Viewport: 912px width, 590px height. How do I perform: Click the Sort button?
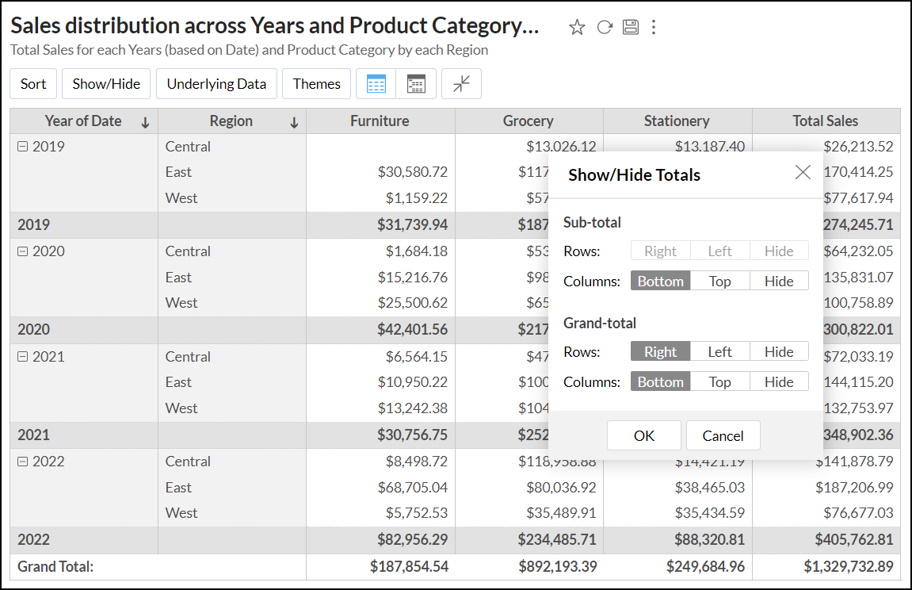(x=33, y=84)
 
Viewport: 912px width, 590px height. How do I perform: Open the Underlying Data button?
(x=216, y=84)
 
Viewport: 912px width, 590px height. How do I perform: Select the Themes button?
(x=316, y=84)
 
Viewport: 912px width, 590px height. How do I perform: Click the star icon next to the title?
(x=577, y=28)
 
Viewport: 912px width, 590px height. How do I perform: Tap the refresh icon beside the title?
(x=605, y=28)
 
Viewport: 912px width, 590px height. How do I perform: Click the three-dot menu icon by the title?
(x=654, y=28)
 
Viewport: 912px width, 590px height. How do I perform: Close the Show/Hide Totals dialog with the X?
(x=803, y=172)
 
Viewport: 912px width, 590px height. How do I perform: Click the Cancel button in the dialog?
(x=723, y=435)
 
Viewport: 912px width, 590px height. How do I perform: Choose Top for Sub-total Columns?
(x=719, y=281)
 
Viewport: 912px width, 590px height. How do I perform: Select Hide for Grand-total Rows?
(x=779, y=351)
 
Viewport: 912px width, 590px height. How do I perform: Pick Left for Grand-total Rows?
(x=719, y=351)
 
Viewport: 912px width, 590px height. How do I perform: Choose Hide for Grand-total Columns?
(x=779, y=381)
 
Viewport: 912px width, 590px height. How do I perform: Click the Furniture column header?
(x=380, y=121)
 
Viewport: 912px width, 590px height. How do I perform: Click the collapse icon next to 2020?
(x=22, y=251)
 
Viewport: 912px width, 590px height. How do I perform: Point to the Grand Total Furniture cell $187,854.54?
(x=409, y=566)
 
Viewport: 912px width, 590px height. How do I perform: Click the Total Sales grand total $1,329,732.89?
(x=849, y=566)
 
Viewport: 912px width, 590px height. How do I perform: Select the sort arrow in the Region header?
(x=294, y=122)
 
